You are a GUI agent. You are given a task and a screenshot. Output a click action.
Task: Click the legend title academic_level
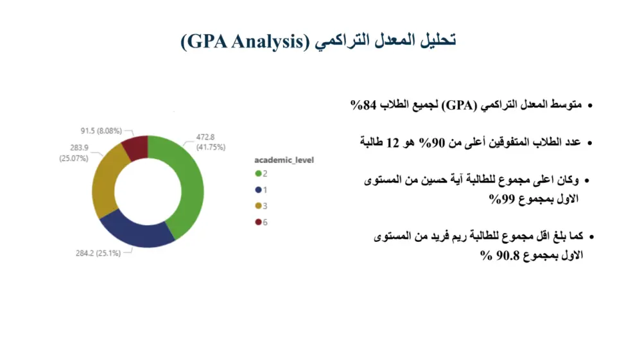click(284, 160)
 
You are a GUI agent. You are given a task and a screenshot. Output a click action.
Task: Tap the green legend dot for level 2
click(258, 174)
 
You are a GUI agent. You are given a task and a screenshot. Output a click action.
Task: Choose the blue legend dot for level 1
click(258, 190)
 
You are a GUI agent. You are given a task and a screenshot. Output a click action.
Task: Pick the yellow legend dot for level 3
click(258, 206)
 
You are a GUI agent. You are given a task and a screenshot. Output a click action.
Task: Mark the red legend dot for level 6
click(258, 222)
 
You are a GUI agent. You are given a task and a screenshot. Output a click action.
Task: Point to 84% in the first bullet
click(363, 105)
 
